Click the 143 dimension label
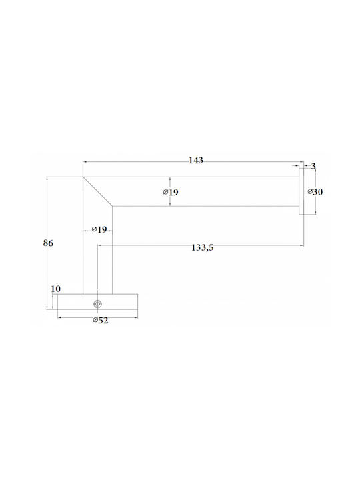click(x=195, y=160)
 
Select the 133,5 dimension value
click(x=203, y=247)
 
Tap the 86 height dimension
click(x=48, y=243)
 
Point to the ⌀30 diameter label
click(x=315, y=192)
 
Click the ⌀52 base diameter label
click(x=101, y=321)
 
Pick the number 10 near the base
click(x=56, y=289)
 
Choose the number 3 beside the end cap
click(x=313, y=166)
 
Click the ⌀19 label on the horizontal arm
click(x=171, y=192)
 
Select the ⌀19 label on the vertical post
click(x=99, y=229)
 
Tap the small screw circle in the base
click(x=97, y=304)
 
